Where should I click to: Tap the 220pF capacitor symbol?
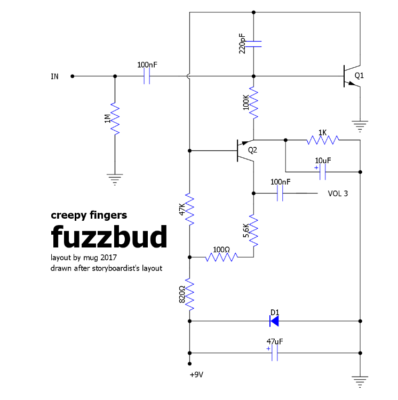coord(253,43)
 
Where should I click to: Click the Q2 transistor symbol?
coord(243,150)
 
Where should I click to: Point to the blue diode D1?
coord(274,321)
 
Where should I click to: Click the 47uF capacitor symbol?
coord(275,353)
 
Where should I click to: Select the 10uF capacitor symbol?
coord(322,172)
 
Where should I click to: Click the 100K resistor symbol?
coord(253,103)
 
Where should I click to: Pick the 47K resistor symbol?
coord(189,209)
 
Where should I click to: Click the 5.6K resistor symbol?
coord(253,231)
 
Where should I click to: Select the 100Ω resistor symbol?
coord(221,257)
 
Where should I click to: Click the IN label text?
coord(54,76)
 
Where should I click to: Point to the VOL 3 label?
coord(338,194)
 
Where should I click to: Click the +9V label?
coord(196,374)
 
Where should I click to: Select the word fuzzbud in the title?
coord(109,236)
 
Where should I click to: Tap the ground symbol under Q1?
coord(360,126)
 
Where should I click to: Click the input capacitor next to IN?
coord(147,76)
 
